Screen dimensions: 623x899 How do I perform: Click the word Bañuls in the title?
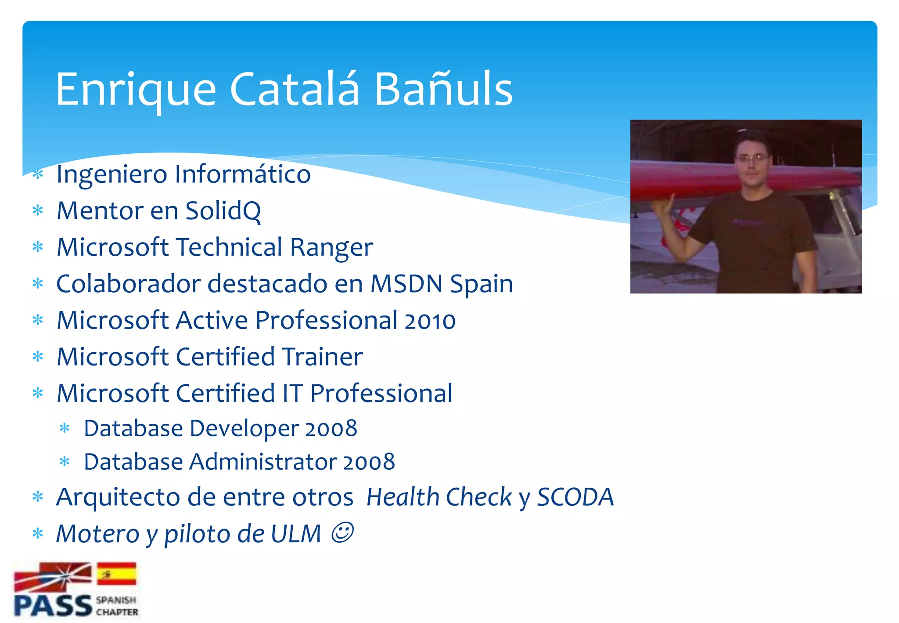(x=443, y=90)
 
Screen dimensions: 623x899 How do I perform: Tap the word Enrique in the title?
(x=136, y=90)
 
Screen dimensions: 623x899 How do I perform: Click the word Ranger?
(x=331, y=247)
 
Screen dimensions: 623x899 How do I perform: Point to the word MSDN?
(x=406, y=284)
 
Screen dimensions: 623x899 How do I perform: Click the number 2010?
(x=430, y=321)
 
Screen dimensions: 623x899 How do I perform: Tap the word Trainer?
(x=322, y=357)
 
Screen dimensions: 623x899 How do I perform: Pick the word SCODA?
(x=575, y=497)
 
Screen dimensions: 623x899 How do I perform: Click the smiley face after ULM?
(x=342, y=533)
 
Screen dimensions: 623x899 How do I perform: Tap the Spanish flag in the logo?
(x=116, y=574)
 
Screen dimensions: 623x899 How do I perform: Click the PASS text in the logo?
(x=53, y=606)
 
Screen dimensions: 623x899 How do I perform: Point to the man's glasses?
(x=752, y=158)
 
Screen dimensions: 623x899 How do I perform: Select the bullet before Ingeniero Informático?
(x=38, y=174)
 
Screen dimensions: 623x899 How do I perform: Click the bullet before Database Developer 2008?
(x=65, y=428)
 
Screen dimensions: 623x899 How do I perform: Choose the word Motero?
(x=98, y=534)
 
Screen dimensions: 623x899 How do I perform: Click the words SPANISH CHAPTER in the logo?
(x=117, y=606)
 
